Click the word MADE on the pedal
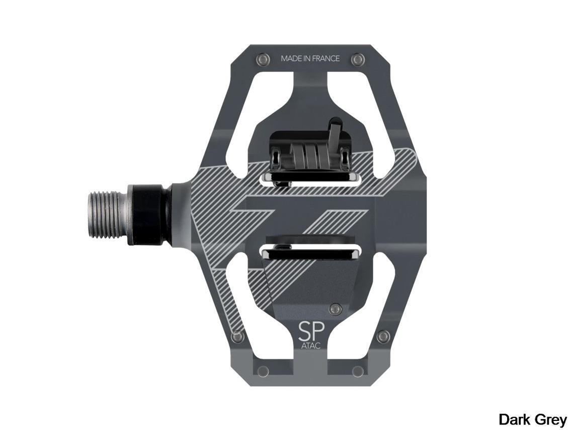290,58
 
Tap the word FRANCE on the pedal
326,58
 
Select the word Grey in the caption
550,420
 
